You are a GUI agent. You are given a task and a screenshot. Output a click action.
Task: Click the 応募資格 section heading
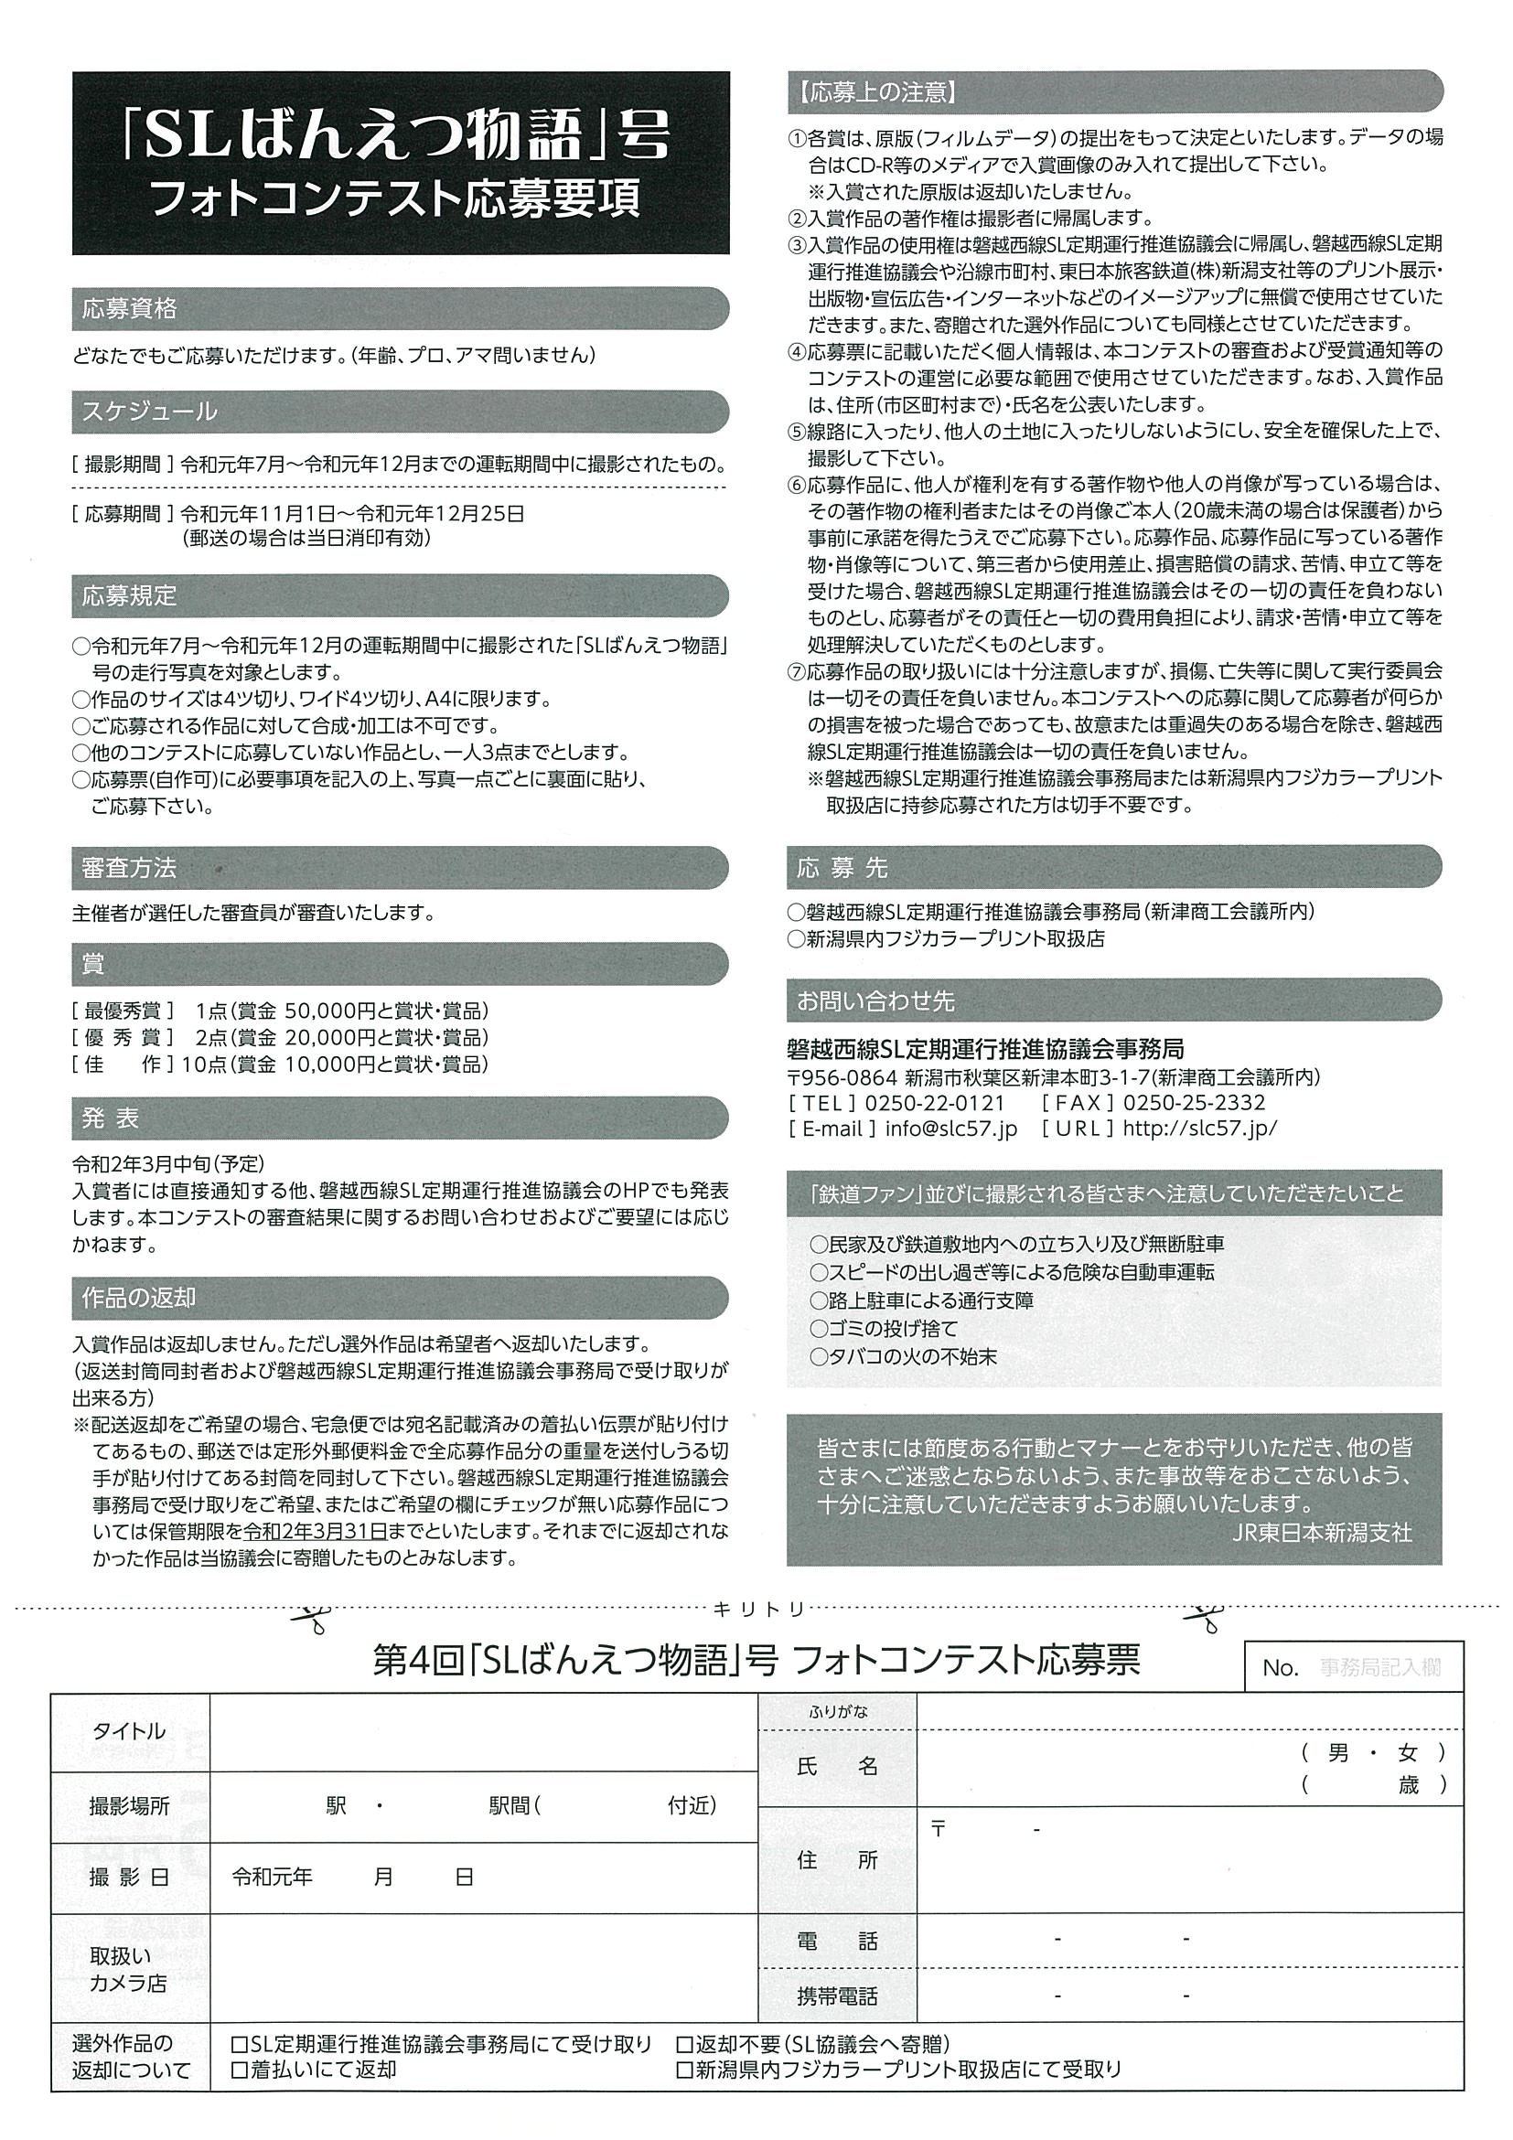[x=130, y=309]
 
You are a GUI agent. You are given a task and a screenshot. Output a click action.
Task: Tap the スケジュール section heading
[x=149, y=411]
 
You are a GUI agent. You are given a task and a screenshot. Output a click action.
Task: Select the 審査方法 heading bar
[x=129, y=868]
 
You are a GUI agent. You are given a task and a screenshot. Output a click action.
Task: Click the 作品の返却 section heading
[x=139, y=1298]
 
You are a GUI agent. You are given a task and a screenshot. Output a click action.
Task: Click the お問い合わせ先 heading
[x=875, y=1001]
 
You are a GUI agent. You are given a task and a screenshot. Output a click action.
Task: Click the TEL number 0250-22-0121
[x=935, y=1103]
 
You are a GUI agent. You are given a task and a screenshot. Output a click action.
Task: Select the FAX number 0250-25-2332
[x=1195, y=1103]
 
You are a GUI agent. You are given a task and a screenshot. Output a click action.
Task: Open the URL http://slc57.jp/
[x=1200, y=1128]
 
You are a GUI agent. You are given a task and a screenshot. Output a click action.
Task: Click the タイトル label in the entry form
[x=130, y=1732]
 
